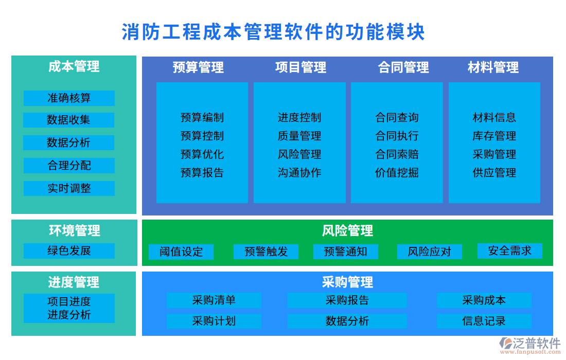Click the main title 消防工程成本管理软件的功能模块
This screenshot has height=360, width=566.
(x=273, y=32)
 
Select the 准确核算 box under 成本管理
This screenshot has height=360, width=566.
(x=69, y=98)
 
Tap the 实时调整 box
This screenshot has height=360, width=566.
(x=69, y=188)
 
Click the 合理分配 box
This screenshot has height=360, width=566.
(x=69, y=166)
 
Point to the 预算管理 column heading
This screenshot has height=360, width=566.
(x=198, y=67)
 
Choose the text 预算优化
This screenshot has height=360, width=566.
(x=202, y=154)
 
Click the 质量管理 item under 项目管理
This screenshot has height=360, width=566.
(x=299, y=136)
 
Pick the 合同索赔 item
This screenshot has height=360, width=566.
(x=397, y=154)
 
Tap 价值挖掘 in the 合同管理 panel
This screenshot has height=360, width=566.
(x=397, y=173)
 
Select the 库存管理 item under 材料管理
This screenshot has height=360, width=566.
(x=494, y=136)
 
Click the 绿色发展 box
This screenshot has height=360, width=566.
(x=69, y=251)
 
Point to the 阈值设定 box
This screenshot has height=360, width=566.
(x=181, y=252)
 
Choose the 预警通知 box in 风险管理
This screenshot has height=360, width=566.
(x=346, y=251)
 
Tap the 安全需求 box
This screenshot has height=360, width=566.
(x=510, y=251)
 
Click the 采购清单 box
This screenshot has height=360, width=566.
(x=214, y=300)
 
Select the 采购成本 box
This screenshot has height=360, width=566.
(x=484, y=300)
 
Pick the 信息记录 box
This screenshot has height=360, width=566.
(x=484, y=321)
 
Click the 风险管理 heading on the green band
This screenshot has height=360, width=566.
(x=347, y=231)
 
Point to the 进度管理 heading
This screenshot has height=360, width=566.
(x=74, y=282)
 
